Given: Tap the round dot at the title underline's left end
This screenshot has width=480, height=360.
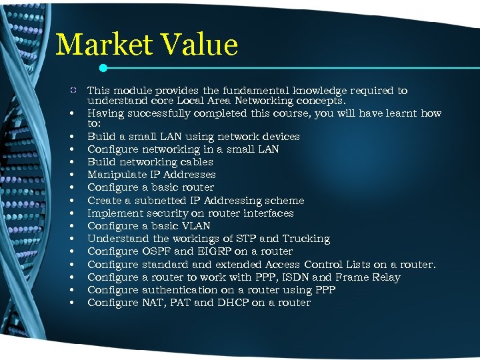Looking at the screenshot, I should (x=103, y=67).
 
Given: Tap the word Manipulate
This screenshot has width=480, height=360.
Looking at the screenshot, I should (x=117, y=175).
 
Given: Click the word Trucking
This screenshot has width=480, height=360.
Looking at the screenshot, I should (x=305, y=239).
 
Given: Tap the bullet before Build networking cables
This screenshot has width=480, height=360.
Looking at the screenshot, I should (x=69, y=162).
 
